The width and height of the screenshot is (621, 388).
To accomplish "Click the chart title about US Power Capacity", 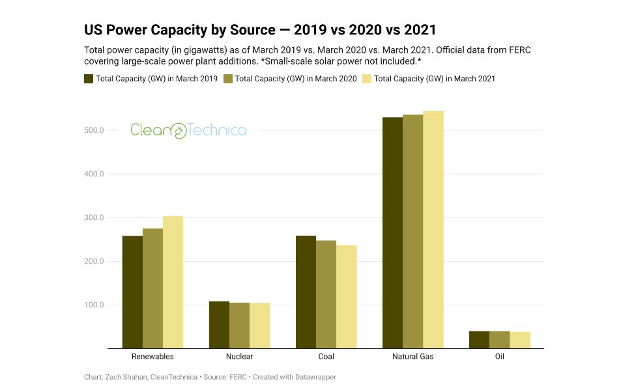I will pyautogui.click(x=260, y=30).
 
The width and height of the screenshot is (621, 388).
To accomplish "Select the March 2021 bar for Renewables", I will pyautogui.click(x=173, y=282).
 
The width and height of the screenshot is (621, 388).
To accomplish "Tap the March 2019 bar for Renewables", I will pyautogui.click(x=132, y=292).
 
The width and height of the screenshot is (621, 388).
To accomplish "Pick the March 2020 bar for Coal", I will pyautogui.click(x=326, y=294).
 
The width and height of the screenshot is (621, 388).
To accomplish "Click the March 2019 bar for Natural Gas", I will pyautogui.click(x=392, y=232).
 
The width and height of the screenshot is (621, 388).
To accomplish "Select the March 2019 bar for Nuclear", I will pyautogui.click(x=219, y=325).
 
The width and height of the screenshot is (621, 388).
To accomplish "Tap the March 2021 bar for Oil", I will pyautogui.click(x=520, y=340).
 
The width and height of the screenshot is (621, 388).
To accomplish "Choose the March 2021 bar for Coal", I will pyautogui.click(x=346, y=296).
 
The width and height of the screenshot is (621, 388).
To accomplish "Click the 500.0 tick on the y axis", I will pyautogui.click(x=94, y=130).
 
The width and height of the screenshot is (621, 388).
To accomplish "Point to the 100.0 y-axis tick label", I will pyautogui.click(x=94, y=305).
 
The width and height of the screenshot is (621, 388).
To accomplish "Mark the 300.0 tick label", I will pyautogui.click(x=94, y=217).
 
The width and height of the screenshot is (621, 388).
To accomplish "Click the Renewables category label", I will pyautogui.click(x=152, y=357).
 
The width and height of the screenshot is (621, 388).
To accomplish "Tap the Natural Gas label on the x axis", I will pyautogui.click(x=412, y=357).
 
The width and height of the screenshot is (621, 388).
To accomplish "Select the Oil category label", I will pyautogui.click(x=499, y=357).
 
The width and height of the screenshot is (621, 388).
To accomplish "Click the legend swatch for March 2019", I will pyautogui.click(x=89, y=79).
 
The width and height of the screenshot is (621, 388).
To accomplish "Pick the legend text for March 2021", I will pyautogui.click(x=435, y=79).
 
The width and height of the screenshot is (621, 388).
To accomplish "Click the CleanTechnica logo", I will pyautogui.click(x=188, y=130).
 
